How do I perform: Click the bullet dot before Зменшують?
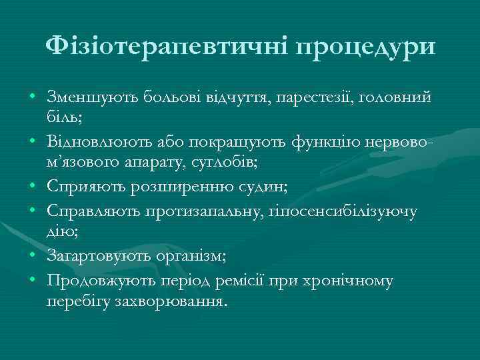32,99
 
